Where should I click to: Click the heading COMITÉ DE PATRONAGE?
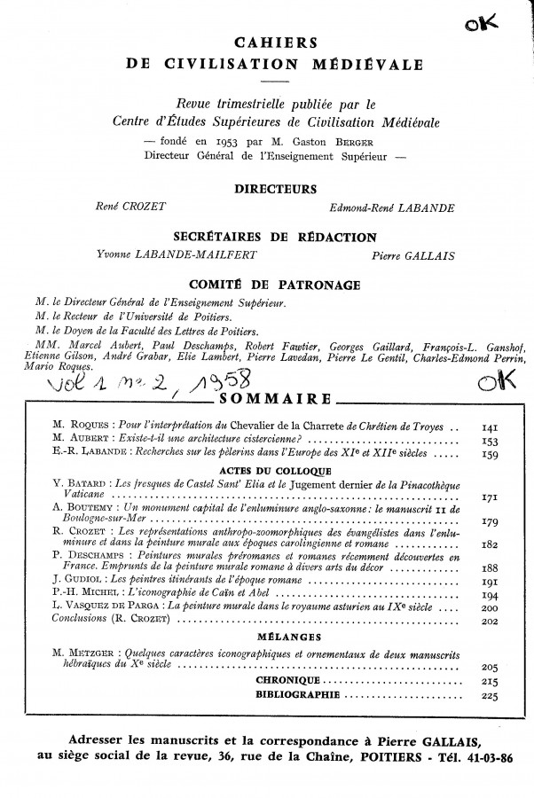point(267,285)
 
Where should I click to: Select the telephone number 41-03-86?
point(486,760)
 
